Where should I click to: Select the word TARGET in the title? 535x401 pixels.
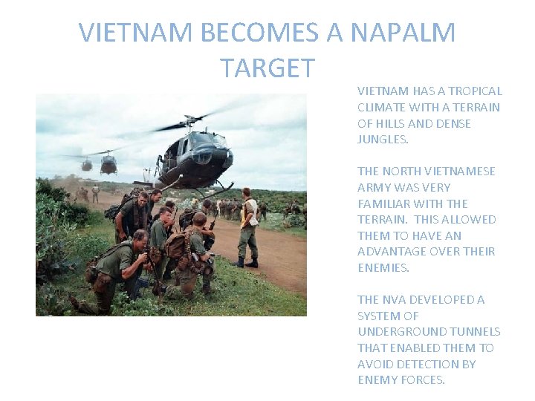pos(267,68)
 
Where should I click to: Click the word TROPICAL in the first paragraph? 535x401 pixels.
pos(475,91)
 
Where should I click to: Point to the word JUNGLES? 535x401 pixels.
pos(383,140)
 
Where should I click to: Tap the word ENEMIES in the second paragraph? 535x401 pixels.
pos(383,268)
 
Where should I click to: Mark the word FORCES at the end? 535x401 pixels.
pos(423,380)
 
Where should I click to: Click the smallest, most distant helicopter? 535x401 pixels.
pos(87,165)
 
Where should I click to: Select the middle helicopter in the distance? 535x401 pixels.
pos(108,164)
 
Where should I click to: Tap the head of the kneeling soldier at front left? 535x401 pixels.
pos(139,238)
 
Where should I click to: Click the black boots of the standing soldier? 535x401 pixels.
pos(245,262)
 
